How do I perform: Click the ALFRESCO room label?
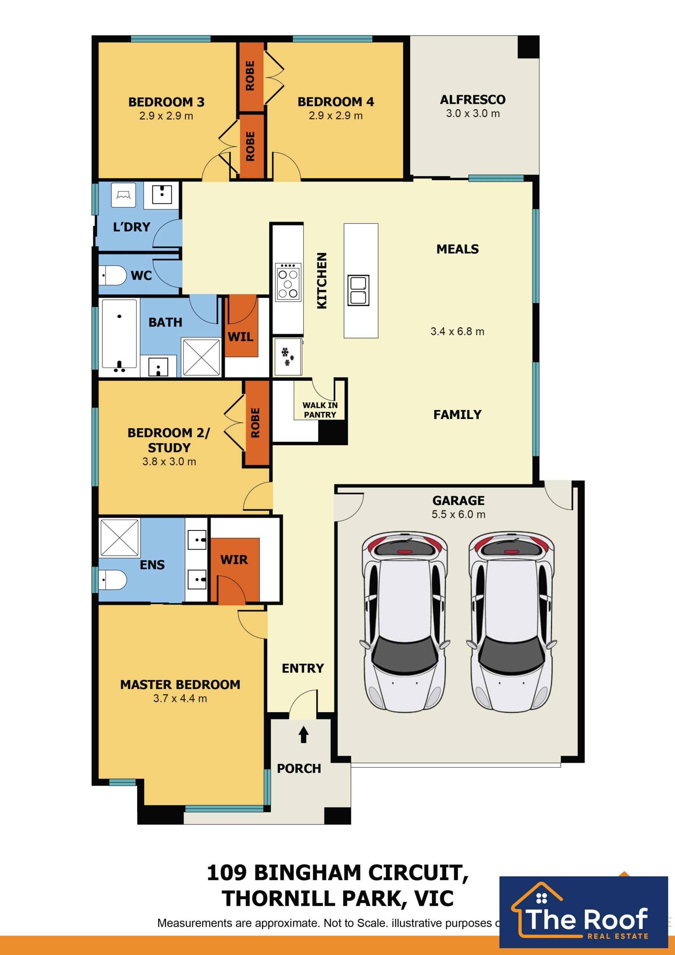point(473,100)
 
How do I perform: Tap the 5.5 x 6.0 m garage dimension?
point(458,514)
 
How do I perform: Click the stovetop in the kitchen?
point(288,282)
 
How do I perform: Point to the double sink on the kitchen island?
point(358,290)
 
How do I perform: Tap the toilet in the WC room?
point(113,275)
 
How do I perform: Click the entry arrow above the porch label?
point(304,735)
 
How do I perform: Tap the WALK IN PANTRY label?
point(320,410)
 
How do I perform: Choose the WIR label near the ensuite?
point(234,560)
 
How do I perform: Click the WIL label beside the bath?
point(241,336)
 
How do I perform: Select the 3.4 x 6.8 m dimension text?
point(458,332)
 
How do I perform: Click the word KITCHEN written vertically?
point(322,281)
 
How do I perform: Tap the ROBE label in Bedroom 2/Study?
point(255,423)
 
